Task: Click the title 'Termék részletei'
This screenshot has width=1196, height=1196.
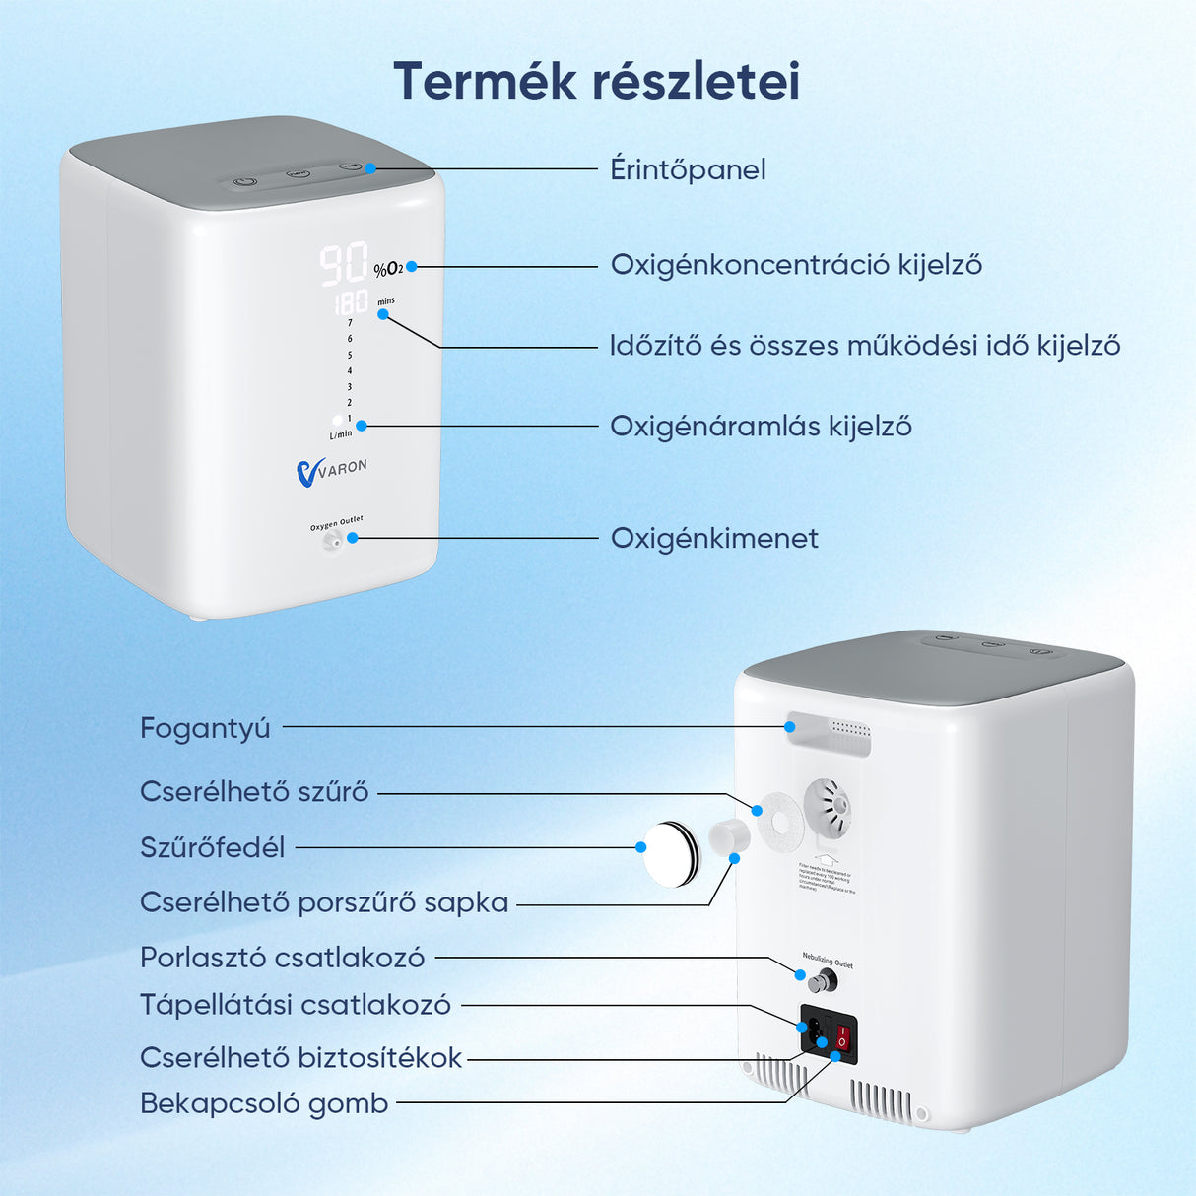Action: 596,81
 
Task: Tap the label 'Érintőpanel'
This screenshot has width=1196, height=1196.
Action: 688,169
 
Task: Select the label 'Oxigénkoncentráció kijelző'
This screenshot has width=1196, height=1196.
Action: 796,265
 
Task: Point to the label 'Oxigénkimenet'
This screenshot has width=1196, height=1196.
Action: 714,538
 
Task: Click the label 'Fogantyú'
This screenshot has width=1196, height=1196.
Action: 205,728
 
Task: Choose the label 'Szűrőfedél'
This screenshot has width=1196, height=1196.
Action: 212,847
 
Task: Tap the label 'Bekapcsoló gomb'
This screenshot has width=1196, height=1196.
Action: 264,1103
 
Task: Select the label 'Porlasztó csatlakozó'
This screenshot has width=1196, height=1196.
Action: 282,958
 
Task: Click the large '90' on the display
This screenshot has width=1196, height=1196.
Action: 343,264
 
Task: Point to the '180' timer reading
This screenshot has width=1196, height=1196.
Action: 351,302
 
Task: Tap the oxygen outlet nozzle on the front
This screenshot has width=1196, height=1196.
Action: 334,540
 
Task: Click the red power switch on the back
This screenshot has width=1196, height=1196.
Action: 843,1038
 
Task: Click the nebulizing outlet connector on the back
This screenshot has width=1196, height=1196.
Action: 821,980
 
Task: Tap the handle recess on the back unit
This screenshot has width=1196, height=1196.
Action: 829,734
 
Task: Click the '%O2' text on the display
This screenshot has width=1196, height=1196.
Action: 388,269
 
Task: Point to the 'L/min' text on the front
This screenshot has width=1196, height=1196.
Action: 340,434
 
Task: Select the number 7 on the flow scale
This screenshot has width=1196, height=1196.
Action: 350,322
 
